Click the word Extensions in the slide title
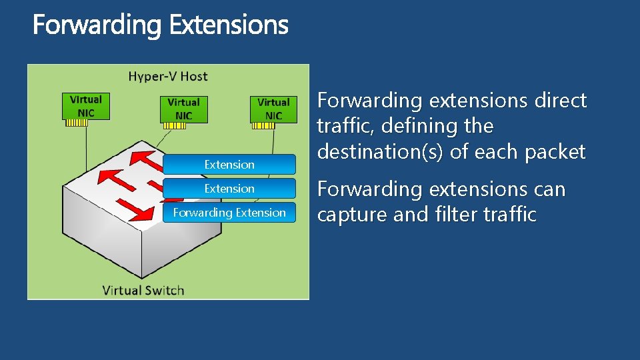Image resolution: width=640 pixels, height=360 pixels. click(229, 25)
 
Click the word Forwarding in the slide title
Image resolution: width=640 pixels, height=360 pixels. click(97, 25)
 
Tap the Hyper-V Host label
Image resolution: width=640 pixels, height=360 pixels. click(168, 76)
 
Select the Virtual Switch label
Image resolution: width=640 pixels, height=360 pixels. click(143, 290)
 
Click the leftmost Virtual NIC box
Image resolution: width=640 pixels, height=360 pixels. click(86, 106)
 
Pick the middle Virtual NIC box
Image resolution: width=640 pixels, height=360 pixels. click(183, 109)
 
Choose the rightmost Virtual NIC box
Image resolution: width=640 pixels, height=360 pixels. click(273, 109)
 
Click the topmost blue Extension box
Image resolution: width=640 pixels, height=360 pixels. click(229, 165)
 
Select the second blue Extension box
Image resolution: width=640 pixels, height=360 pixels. click(229, 189)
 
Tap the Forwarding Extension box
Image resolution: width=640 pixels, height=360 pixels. click(229, 213)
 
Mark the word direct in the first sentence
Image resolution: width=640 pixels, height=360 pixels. click(560, 101)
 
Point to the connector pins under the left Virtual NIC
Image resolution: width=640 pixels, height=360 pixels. click(75, 123)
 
